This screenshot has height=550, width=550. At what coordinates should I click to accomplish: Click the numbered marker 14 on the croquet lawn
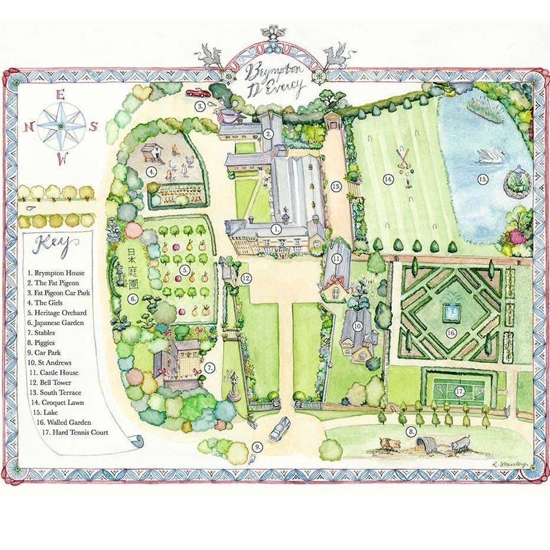point(388,179)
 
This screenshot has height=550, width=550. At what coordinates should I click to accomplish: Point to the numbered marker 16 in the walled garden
point(451,333)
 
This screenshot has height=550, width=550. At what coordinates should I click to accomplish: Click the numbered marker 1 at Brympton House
point(276,228)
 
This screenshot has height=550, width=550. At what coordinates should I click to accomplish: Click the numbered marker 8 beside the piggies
point(411,432)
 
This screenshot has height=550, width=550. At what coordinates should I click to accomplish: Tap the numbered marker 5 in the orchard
point(185,270)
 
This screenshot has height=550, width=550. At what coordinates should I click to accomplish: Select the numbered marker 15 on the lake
point(482,178)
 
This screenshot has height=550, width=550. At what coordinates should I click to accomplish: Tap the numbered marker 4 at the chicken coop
point(152,172)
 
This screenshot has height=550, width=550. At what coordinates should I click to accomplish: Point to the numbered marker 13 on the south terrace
point(336,186)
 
